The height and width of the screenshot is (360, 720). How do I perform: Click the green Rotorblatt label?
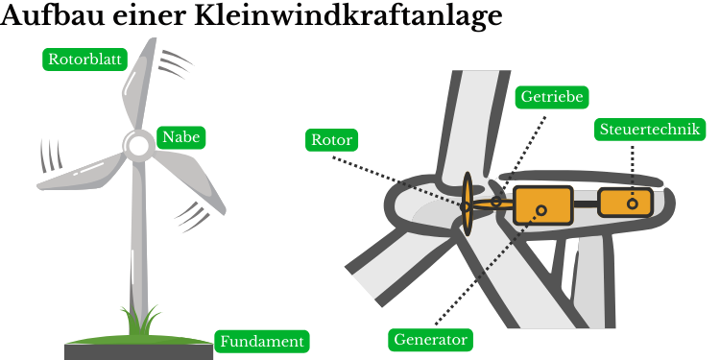pos(84,60)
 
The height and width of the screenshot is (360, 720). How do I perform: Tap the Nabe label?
pos(180,137)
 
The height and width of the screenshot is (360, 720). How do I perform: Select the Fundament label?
pos(262,341)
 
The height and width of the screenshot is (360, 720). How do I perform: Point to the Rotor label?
pos(331,139)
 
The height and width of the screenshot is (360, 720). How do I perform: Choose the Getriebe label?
pos(551,97)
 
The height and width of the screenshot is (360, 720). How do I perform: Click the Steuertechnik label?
pos(650,129)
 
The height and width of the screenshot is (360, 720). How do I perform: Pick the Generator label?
pos(431,340)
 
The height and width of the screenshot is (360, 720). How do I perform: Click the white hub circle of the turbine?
pos(138,145)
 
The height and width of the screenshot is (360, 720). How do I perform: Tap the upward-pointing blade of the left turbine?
pos(139,84)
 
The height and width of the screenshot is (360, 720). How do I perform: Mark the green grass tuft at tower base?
pos(140,321)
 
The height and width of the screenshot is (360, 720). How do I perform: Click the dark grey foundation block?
pos(138,352)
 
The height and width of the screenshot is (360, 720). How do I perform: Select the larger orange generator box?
pos(543,205)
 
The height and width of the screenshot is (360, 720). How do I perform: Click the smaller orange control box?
pos(625,203)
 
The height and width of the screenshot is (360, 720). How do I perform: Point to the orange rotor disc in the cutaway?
pos(468,204)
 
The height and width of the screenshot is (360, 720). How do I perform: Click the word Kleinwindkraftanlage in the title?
pos(348,15)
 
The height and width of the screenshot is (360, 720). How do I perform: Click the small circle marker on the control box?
pos(633,204)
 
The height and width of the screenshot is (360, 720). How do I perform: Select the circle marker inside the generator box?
pos(541,210)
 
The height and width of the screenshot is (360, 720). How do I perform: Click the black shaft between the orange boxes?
pos(586,204)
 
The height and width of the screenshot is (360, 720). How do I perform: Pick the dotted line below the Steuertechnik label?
pos(633,172)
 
